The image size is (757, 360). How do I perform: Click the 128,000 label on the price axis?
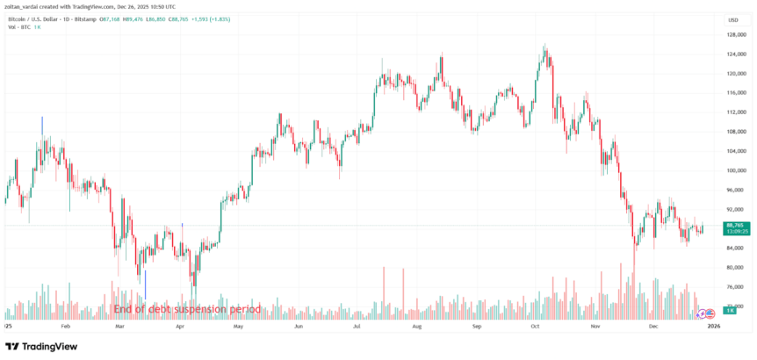tap(735, 35)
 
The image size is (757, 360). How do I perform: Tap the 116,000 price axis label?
tap(735, 92)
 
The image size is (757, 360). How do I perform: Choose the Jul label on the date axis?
tap(357, 326)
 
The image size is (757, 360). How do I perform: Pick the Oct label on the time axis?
tap(536, 326)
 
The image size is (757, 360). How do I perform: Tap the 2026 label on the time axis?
tap(714, 326)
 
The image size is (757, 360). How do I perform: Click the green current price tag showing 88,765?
tap(735, 227)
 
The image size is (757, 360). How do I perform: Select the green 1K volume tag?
tap(729, 311)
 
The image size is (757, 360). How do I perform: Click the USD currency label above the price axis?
tap(732, 19)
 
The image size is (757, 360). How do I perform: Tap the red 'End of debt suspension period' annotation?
tap(187, 309)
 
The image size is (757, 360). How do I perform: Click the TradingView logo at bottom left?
tap(41, 346)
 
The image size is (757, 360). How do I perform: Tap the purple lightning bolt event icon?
tap(701, 313)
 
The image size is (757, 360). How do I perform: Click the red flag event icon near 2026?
tap(709, 313)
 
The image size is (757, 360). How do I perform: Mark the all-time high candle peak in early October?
tap(544, 45)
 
